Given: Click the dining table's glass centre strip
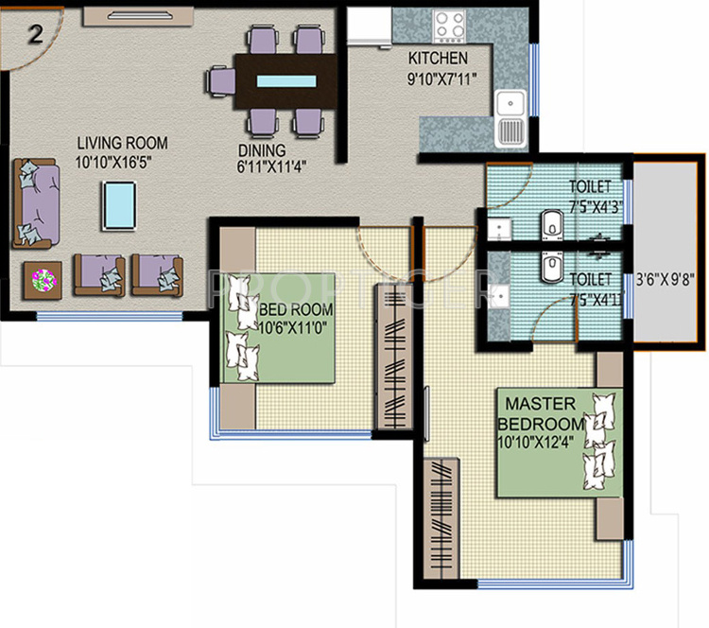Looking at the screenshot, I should [286, 80].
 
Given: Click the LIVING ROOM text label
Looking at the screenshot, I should [122, 143].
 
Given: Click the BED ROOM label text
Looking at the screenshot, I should [296, 310].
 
